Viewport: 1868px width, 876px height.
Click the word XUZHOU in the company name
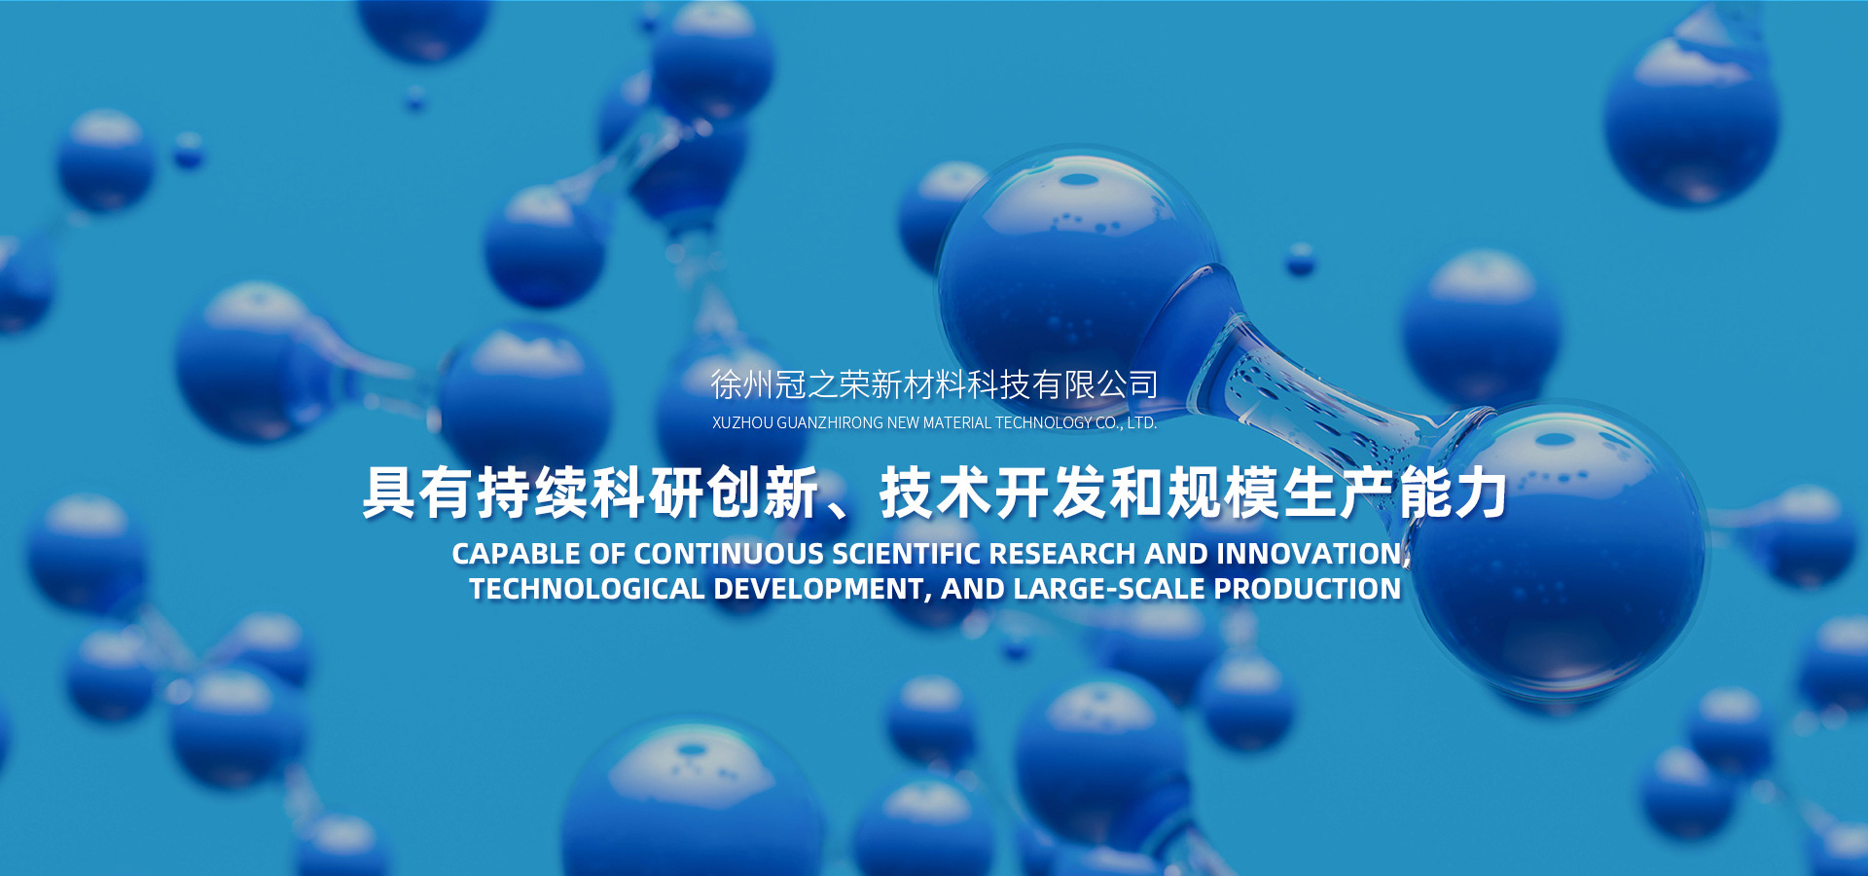click(742, 423)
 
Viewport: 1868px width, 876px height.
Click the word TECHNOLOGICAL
click(587, 589)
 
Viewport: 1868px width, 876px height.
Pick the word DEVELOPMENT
click(818, 590)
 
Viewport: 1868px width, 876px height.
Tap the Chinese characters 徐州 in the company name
click(742, 384)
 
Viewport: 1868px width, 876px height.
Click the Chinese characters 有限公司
click(1096, 384)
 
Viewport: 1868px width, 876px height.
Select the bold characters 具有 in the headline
click(417, 493)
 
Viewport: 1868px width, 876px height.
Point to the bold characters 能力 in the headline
click(1454, 493)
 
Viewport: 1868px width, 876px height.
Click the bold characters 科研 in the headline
click(647, 493)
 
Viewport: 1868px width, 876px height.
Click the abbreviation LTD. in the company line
click(1141, 423)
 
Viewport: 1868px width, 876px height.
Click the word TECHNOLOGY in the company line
click(1043, 423)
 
